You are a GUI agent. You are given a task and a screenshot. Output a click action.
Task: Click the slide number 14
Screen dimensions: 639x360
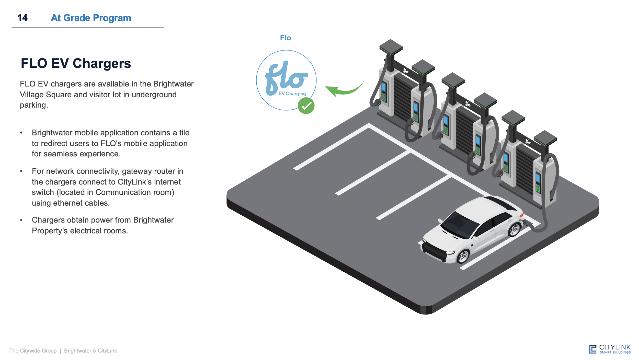[x=22, y=18]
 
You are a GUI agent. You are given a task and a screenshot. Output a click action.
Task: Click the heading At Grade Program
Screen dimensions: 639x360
[x=91, y=18]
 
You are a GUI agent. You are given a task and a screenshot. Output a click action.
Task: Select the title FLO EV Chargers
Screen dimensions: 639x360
[x=76, y=63]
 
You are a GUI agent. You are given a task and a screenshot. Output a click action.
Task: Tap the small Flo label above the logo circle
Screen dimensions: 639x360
[x=285, y=38]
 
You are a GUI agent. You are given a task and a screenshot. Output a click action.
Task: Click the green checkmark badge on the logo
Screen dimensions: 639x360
[x=306, y=106]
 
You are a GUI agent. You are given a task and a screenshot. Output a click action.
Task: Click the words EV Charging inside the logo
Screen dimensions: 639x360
[x=292, y=94]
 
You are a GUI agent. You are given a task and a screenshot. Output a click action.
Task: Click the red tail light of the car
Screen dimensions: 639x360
[x=522, y=215]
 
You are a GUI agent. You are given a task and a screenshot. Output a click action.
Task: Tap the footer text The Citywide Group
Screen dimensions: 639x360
[x=33, y=351]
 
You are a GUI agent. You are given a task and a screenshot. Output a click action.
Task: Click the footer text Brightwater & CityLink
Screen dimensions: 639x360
[x=90, y=351]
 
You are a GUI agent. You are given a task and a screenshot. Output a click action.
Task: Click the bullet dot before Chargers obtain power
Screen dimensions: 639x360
[x=21, y=220]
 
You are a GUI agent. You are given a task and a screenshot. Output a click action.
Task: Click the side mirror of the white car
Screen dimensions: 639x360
[x=440, y=220]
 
